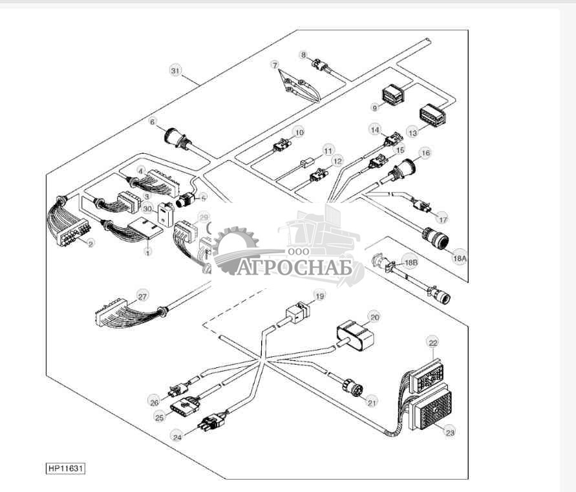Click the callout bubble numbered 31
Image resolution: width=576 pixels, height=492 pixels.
pyautogui.click(x=175, y=70)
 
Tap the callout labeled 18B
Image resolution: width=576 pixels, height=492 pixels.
pyautogui.click(x=410, y=262)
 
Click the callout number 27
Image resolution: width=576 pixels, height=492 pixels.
pyautogui.click(x=142, y=297)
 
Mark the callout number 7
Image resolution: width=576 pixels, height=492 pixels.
pyautogui.click(x=274, y=65)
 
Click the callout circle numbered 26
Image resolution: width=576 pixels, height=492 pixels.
pyautogui.click(x=154, y=401)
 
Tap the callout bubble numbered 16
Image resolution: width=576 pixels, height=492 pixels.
pyautogui.click(x=425, y=153)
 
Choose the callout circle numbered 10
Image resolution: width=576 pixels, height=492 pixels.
pyautogui.click(x=298, y=132)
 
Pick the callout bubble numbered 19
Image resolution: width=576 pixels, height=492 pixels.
pyautogui.click(x=319, y=297)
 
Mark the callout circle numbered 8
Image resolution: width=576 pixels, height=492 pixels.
pyautogui.click(x=303, y=55)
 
